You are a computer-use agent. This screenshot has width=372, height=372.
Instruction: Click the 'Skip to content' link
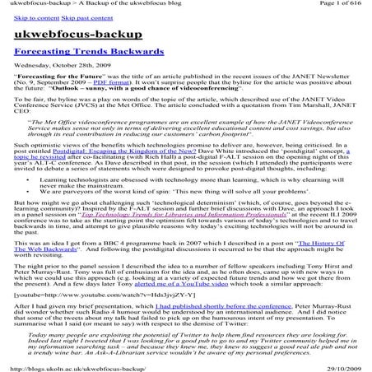(35, 18)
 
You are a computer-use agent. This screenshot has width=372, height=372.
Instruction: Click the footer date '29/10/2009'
(339, 366)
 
